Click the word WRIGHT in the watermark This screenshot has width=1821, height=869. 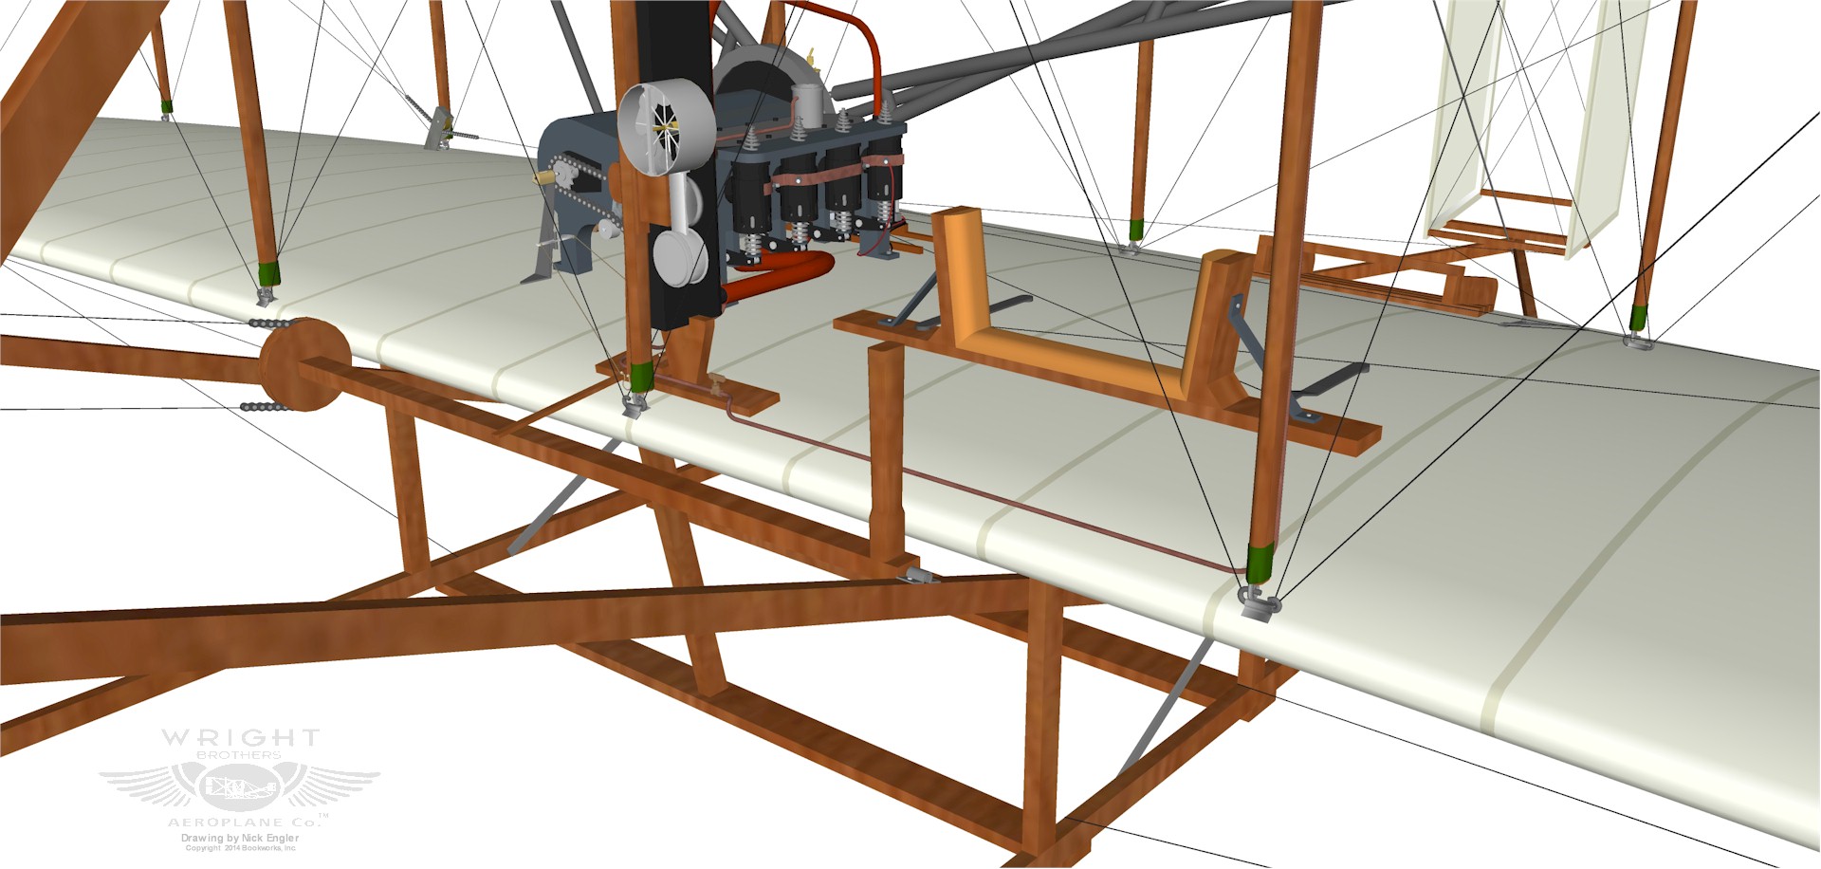(240, 738)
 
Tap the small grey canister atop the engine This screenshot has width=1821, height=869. (806, 103)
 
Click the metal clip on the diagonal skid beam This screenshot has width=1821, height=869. (916, 575)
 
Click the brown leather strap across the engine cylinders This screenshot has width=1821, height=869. (835, 175)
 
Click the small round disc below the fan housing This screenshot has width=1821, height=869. (679, 256)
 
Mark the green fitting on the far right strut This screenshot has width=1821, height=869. (1640, 318)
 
